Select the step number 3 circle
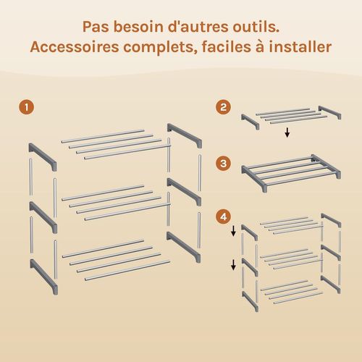(225, 164)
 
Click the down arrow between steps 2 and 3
(287, 132)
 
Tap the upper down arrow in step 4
(233, 232)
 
